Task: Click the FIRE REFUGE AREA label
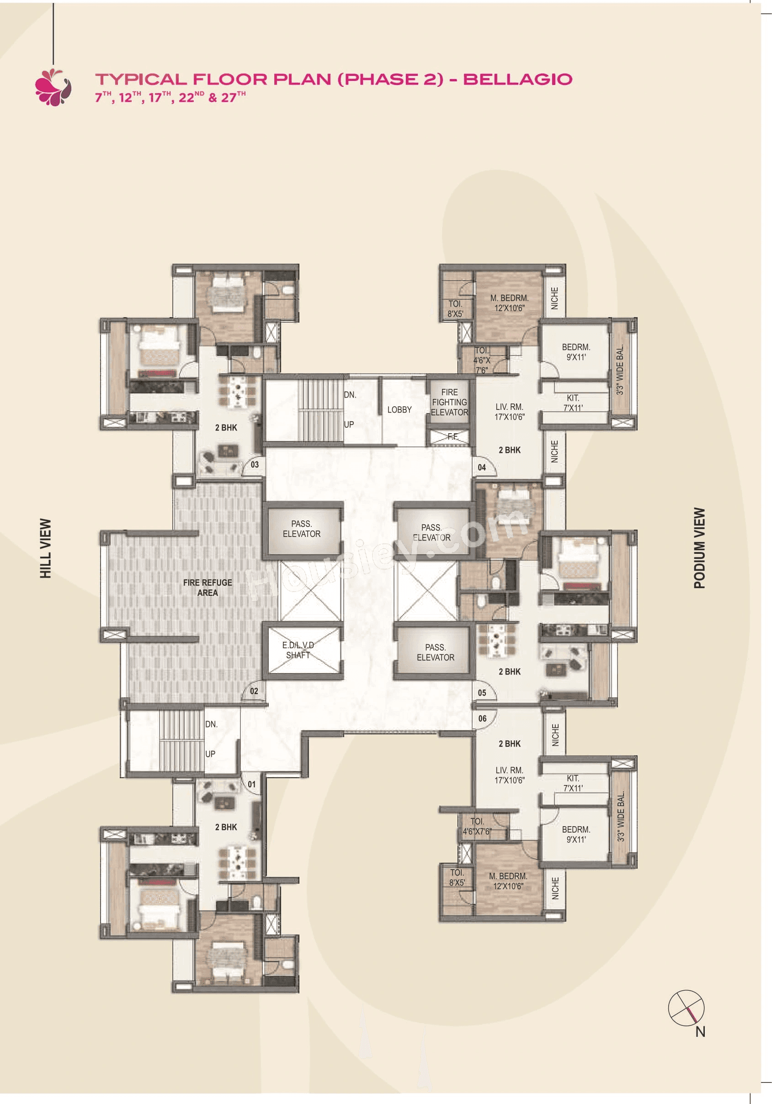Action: tap(208, 587)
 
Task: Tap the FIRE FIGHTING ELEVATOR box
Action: tap(449, 402)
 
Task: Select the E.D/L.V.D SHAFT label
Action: tap(298, 650)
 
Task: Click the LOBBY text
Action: tap(399, 410)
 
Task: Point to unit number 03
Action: tap(255, 464)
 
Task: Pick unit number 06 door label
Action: tap(482, 718)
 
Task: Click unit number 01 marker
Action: tap(251, 784)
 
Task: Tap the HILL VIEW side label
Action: tap(46, 548)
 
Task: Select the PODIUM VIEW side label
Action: tap(699, 548)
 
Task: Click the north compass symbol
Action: tap(687, 1007)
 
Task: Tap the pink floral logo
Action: tap(53, 87)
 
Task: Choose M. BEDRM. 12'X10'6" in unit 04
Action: tap(509, 303)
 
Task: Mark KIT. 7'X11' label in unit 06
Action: tap(573, 783)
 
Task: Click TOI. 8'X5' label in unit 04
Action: tap(455, 309)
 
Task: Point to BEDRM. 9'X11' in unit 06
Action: tap(576, 834)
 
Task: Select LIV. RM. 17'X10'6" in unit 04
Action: tap(509, 412)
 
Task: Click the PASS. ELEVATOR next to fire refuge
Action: tap(302, 528)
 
